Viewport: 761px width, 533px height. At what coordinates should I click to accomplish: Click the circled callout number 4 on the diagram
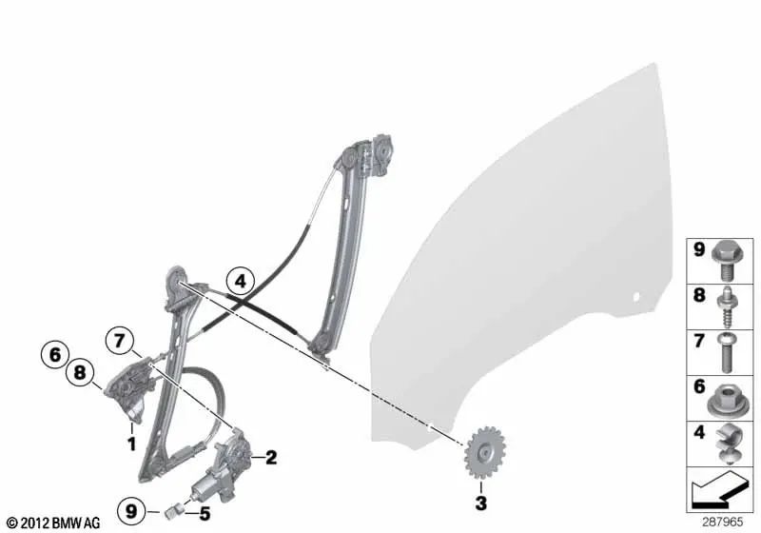click(x=241, y=281)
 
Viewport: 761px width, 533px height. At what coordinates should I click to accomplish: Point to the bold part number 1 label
click(x=131, y=443)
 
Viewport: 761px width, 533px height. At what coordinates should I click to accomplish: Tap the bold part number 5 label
click(x=203, y=516)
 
